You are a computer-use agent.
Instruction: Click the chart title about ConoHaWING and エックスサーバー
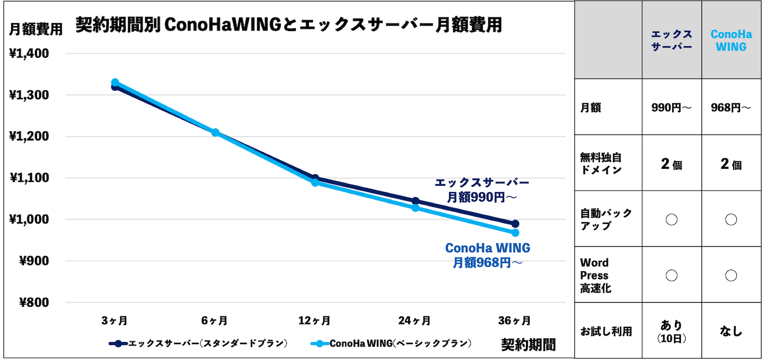point(288,25)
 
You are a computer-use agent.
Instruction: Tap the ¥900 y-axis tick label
point(33,261)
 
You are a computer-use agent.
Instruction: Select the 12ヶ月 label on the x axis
point(314,320)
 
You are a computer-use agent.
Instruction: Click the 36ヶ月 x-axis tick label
point(514,320)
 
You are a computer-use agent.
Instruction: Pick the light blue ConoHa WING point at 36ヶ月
point(515,233)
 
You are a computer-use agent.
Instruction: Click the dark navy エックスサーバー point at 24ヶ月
point(415,201)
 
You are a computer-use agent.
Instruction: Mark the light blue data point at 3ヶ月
point(115,83)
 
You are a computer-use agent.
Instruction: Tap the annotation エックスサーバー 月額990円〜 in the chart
point(482,190)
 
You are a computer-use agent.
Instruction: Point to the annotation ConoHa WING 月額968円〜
point(488,255)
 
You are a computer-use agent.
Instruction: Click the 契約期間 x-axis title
point(528,344)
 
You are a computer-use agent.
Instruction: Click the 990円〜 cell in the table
point(672,108)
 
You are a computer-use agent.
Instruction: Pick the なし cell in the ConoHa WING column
point(731,331)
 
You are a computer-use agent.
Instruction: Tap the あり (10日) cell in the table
point(672,330)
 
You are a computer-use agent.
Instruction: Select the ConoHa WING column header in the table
point(731,40)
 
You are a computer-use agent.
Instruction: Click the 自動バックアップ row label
point(606,219)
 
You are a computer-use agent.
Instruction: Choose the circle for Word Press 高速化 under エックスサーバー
point(672,276)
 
